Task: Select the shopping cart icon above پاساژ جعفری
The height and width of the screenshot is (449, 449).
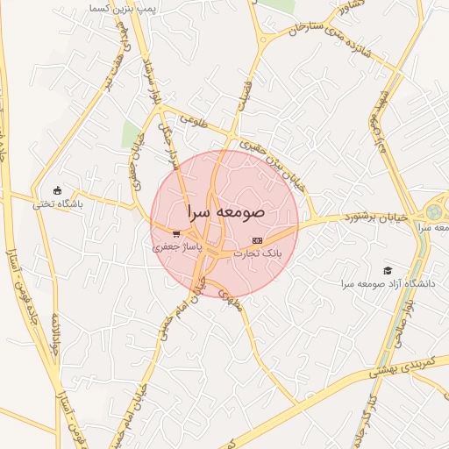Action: pyautogui.click(x=177, y=234)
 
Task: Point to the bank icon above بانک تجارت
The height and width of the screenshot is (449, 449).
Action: pyautogui.click(x=257, y=239)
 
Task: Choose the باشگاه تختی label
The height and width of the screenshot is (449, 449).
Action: pyautogui.click(x=57, y=204)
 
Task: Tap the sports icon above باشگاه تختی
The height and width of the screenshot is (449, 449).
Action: pyautogui.click(x=58, y=190)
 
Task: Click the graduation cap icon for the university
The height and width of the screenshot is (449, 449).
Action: pyautogui.click(x=388, y=270)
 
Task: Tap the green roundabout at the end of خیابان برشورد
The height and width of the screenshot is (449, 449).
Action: pyautogui.click(x=433, y=213)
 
